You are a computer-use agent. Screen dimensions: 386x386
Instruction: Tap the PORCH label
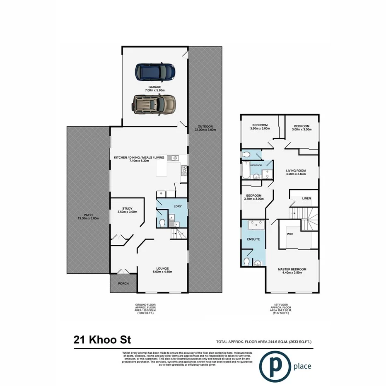123,284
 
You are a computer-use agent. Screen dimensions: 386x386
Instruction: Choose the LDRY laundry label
178,206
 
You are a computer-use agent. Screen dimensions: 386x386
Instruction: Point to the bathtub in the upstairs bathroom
246,171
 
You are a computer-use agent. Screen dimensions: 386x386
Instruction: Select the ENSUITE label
253,239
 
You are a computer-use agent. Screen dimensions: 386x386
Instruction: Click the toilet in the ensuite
247,262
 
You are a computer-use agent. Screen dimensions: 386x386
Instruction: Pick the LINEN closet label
306,198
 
